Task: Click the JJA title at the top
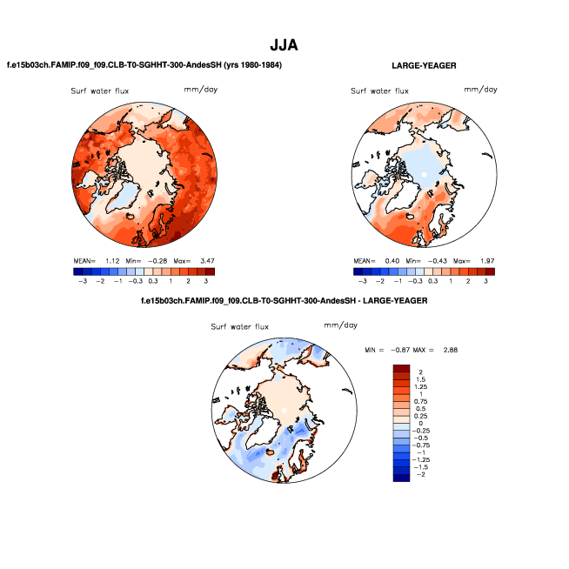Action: click(x=284, y=44)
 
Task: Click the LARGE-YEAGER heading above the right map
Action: click(x=425, y=65)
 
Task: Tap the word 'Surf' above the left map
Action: click(x=80, y=91)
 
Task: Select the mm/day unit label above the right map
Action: click(x=480, y=90)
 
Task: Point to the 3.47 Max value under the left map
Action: click(x=204, y=260)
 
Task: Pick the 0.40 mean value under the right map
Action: click(x=391, y=260)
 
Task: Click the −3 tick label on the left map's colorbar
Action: click(x=82, y=282)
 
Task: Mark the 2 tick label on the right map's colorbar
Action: click(x=468, y=282)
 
